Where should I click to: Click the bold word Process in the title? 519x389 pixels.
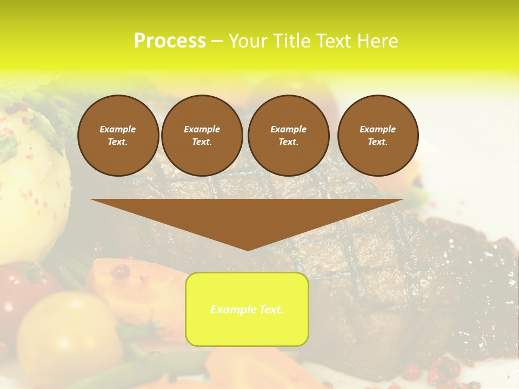170,41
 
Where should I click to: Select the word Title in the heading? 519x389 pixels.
291,41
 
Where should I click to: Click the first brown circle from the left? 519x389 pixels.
118,135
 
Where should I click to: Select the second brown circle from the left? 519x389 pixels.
202,135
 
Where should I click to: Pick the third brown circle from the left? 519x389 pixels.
288,135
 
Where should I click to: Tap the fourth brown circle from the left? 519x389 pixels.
377,135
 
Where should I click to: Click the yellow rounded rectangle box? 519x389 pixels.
247,309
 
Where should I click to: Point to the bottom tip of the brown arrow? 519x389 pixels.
248,250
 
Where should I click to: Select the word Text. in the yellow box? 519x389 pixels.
270,310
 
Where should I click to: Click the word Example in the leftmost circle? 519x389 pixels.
118,129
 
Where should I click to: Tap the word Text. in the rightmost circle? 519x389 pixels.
377,142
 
